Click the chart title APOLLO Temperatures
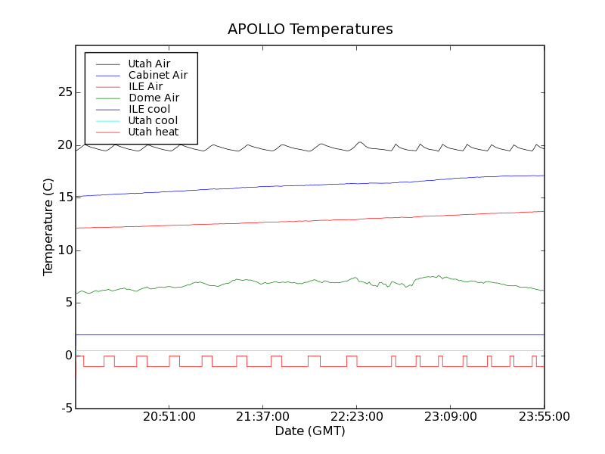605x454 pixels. [310, 30]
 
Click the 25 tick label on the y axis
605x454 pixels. [64, 92]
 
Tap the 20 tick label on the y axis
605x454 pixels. [64, 145]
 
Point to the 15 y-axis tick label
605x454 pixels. [64, 197]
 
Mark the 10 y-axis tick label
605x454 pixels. [64, 250]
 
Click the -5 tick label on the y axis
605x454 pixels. [66, 409]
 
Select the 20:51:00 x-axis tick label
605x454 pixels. [169, 417]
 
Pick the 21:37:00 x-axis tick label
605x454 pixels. [263, 417]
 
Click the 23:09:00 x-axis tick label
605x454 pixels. [451, 417]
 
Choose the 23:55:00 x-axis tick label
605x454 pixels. [544, 417]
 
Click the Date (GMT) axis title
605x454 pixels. [310, 431]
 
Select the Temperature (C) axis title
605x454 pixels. [48, 227]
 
